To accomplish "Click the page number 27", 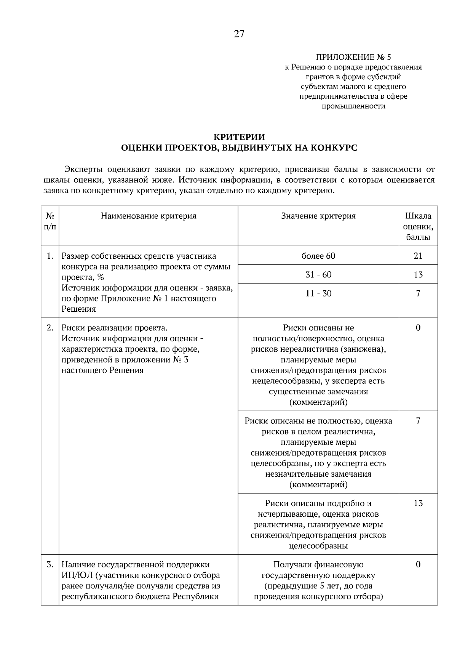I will (239, 34).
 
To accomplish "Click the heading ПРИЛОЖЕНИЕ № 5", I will (353, 58).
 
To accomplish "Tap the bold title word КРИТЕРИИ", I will (239, 137).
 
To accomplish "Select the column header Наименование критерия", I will (149, 216).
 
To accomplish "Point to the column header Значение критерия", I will (318, 216).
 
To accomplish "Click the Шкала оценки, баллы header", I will (418, 226).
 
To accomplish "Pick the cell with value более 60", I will (318, 256).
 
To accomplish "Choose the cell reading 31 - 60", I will (318, 275).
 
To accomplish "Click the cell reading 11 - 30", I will (318, 293).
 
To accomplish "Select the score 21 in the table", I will (418, 256).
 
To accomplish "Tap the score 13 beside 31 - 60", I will (418, 275).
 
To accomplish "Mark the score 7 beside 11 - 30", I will (418, 293).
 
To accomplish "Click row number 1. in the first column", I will (50, 256).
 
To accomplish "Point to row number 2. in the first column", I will (50, 328).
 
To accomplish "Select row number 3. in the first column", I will (50, 564).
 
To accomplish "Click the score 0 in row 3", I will (418, 564).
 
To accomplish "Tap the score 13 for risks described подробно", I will (418, 503).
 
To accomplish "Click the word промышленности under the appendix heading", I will (353, 106).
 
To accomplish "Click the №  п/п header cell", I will (50, 221).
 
